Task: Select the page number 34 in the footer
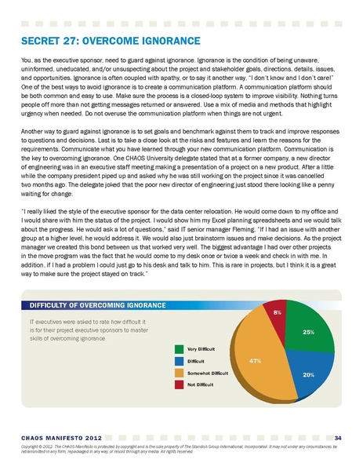tap(336, 436)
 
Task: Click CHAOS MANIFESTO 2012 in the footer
tap(59, 437)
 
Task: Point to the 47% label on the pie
tap(254, 360)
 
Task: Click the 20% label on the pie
tap(308, 374)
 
